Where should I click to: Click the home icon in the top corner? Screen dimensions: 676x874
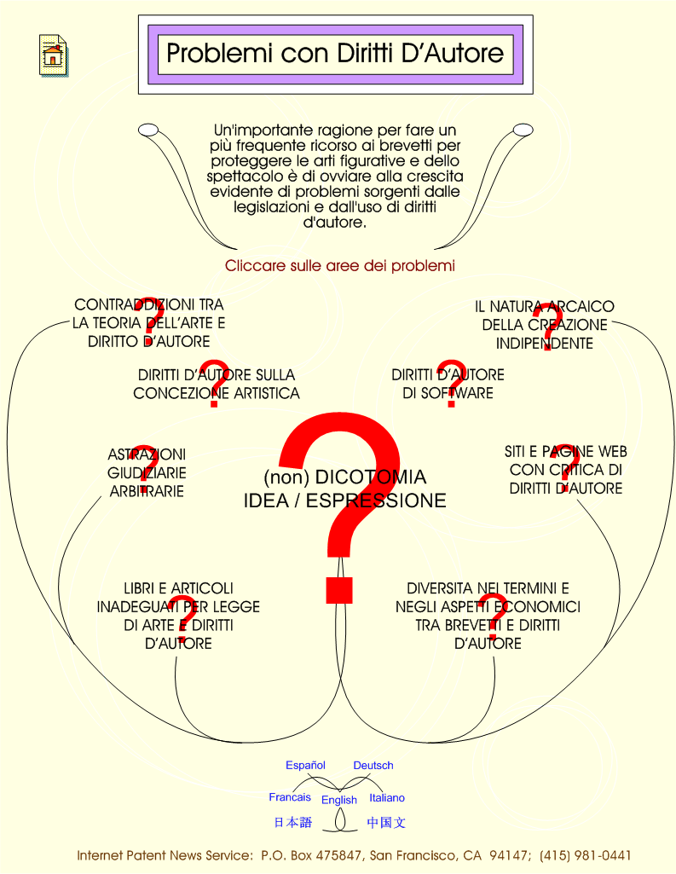click(x=54, y=55)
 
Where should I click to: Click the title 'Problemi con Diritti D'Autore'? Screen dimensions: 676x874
click(x=335, y=54)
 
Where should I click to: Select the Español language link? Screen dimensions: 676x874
click(x=305, y=766)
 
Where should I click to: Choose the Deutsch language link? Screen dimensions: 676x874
click(x=373, y=766)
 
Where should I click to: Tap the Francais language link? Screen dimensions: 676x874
click(x=290, y=797)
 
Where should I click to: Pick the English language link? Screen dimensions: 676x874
click(x=338, y=800)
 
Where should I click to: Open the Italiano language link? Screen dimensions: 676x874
click(x=387, y=797)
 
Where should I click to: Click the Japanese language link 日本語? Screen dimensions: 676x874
click(x=293, y=822)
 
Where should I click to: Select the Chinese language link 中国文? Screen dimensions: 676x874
click(x=386, y=822)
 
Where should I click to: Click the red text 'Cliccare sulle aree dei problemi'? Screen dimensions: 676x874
click(x=340, y=265)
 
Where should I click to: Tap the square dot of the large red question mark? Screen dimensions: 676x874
click(x=339, y=590)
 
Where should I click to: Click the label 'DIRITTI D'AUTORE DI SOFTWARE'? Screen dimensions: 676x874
click(x=448, y=384)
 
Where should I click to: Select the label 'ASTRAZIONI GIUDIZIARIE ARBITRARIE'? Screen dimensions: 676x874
click(x=147, y=472)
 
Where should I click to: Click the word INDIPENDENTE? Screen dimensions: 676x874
click(x=545, y=343)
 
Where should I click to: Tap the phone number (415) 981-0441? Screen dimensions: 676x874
click(x=585, y=855)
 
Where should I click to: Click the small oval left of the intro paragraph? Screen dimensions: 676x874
click(x=148, y=130)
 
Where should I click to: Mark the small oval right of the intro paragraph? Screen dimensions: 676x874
click(x=523, y=130)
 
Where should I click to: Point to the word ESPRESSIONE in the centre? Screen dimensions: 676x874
click(x=376, y=501)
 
